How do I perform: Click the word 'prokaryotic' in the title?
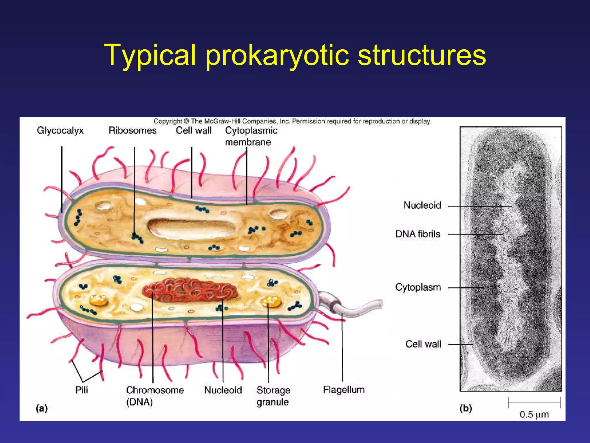pos(277,55)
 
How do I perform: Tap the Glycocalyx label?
pos(60,130)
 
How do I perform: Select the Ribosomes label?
pos(133,130)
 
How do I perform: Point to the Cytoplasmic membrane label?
pos(251,136)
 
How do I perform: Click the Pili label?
pos(82,390)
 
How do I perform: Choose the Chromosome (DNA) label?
pos(155,396)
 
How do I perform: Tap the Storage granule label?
pos(273,396)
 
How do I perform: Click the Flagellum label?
pos(344,390)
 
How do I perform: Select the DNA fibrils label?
pos(418,234)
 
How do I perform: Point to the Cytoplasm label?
pos(418,287)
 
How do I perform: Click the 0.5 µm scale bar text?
pos(534,414)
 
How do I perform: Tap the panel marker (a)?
pos(42,408)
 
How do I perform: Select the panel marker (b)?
pos(466,408)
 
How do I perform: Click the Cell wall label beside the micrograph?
pos(423,344)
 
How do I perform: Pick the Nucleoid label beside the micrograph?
pos(422,205)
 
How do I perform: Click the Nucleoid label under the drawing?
pos(223,390)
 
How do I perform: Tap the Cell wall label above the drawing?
pos(194,130)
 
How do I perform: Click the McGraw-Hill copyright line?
pos(292,121)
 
